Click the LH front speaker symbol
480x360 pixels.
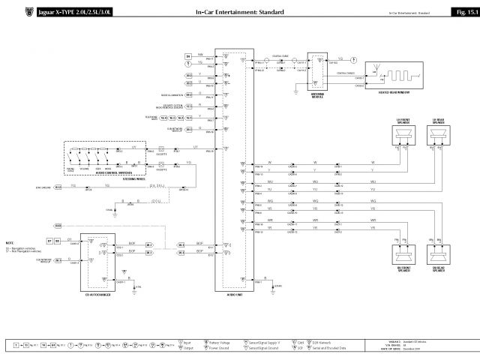point(403,135)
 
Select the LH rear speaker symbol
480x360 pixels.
point(439,135)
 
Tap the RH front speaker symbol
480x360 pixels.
point(403,256)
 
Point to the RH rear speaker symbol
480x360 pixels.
point(439,256)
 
